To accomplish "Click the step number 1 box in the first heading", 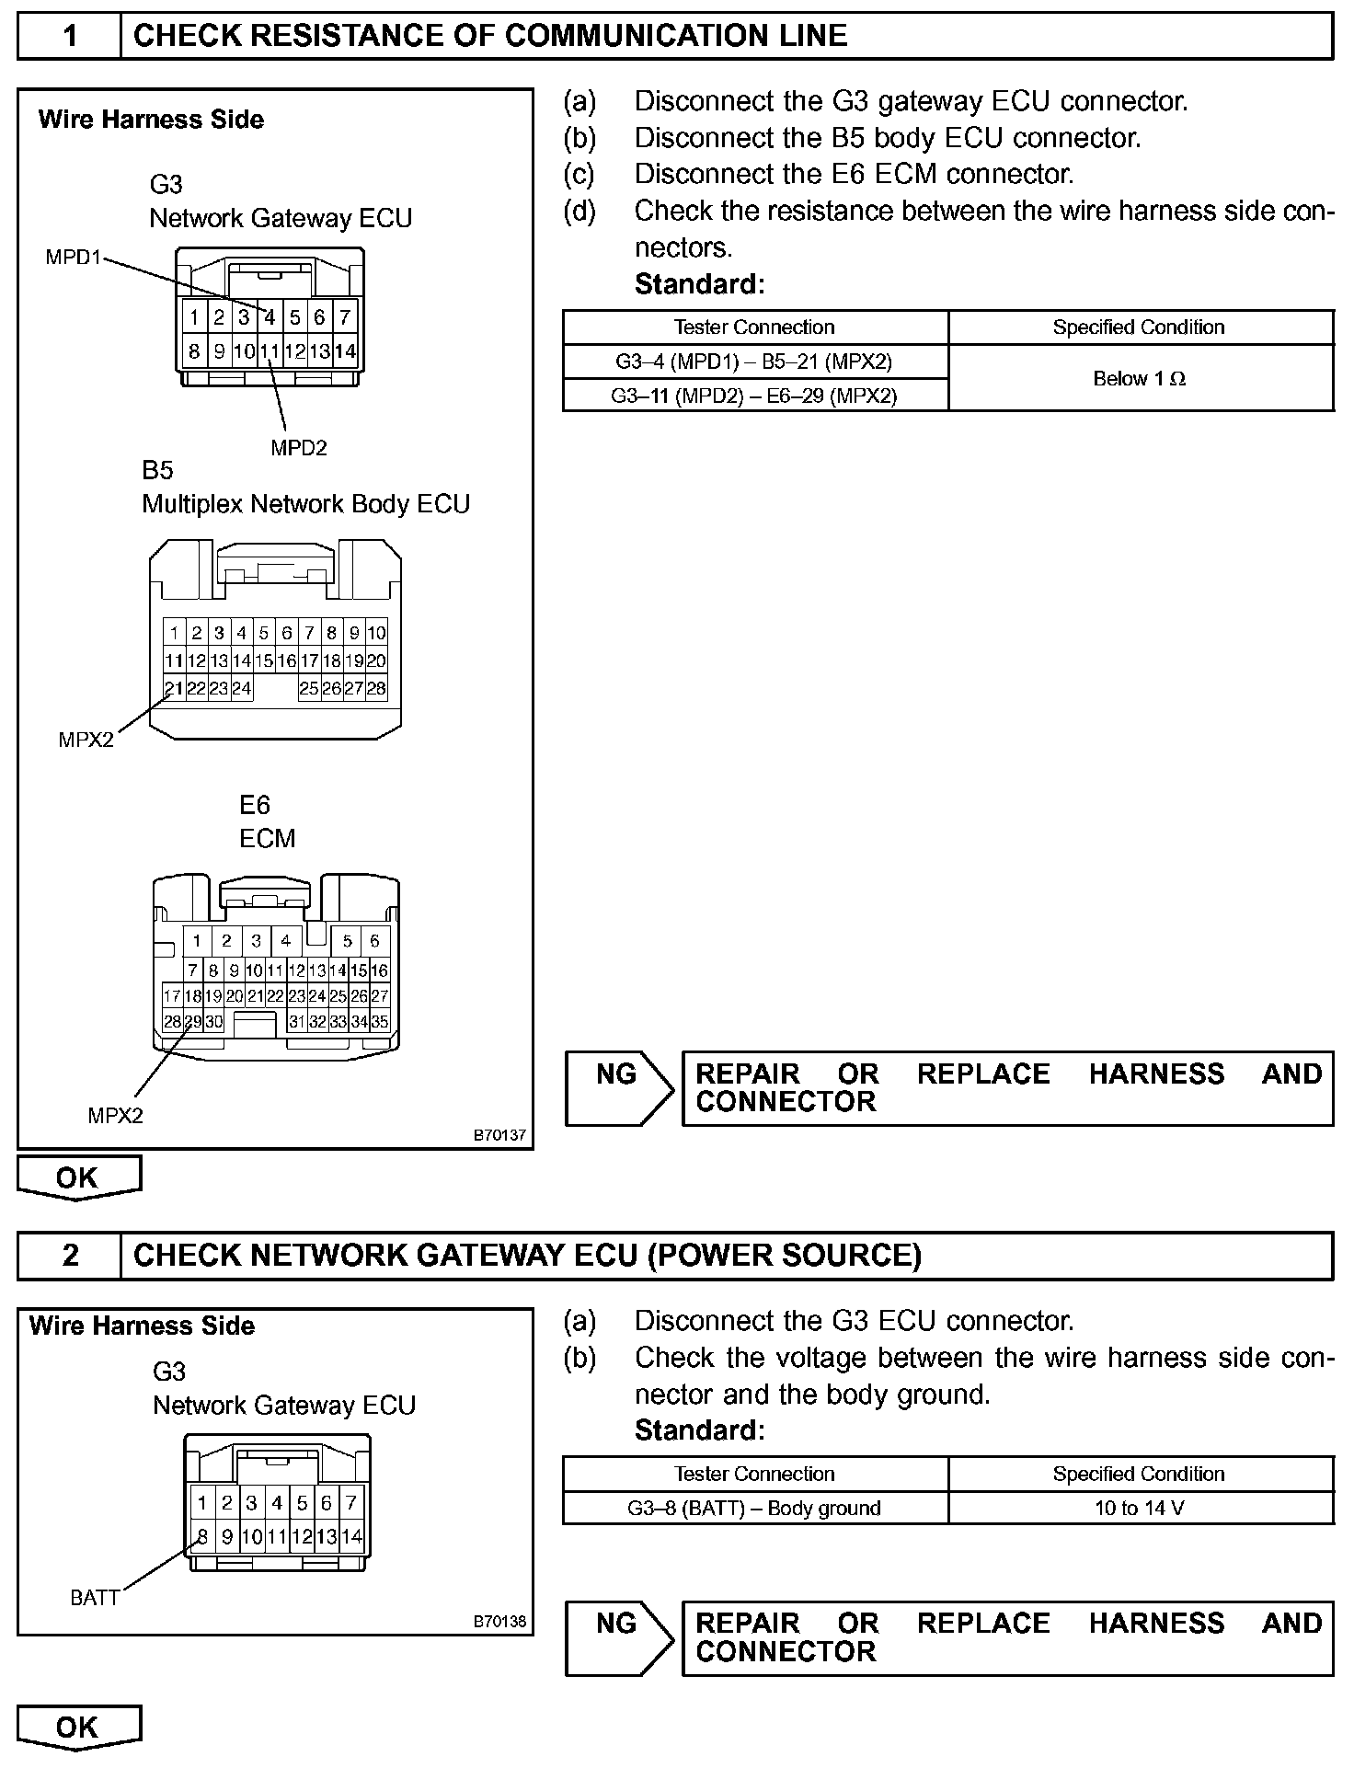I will tap(70, 36).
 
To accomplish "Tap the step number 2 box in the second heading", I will tap(70, 1256).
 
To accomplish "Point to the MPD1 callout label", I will tap(73, 258).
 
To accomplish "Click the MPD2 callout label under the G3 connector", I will tap(298, 448).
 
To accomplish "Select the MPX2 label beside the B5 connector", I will tap(86, 740).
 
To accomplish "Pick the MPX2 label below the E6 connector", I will tap(115, 1116).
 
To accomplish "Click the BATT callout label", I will tap(95, 1598).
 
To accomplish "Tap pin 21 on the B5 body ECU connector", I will tap(174, 688).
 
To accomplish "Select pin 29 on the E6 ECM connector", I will tap(193, 1021).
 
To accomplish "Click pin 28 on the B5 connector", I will tap(376, 688).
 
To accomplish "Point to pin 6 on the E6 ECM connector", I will tap(374, 940).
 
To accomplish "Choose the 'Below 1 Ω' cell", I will tap(1140, 378).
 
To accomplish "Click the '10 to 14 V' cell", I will tap(1140, 1508).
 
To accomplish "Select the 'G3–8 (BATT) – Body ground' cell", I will tap(754, 1508).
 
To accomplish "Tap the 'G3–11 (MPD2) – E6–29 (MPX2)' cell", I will tap(754, 396).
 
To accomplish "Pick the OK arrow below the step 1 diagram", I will tap(78, 1178).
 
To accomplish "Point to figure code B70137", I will tap(499, 1135).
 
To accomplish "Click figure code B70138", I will tap(499, 1621).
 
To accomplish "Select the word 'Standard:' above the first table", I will tap(699, 284).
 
